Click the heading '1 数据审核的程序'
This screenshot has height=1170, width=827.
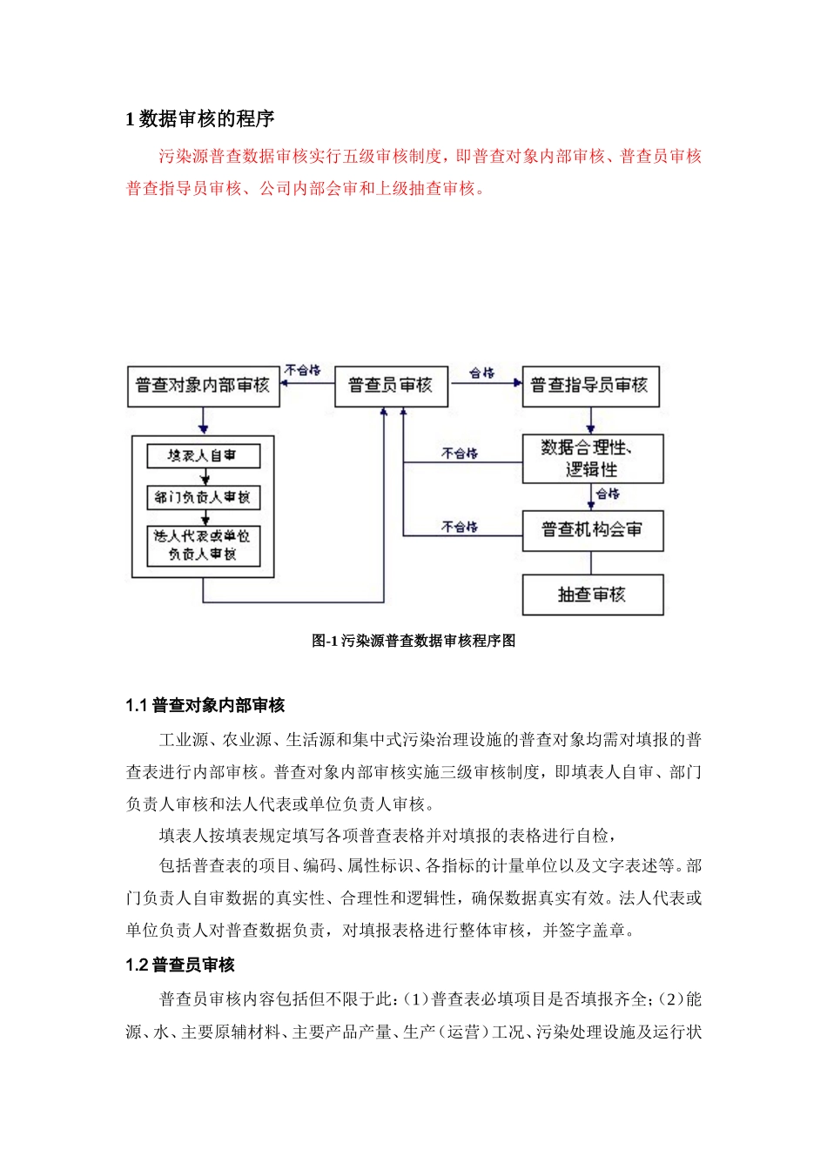point(200,119)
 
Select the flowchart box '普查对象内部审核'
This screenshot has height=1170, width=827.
point(203,386)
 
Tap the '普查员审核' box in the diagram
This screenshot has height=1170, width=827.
point(391,386)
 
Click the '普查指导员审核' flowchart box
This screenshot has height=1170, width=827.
point(589,386)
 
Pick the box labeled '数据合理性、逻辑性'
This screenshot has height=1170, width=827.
point(592,459)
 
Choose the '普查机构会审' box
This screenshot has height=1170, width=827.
point(592,530)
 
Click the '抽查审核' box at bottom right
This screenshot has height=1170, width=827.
point(592,595)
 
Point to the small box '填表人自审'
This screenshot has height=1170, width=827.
point(203,455)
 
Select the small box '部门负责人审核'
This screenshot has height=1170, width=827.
point(203,497)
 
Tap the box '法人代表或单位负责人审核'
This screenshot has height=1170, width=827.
point(203,546)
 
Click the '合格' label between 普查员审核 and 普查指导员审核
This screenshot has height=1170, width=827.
point(481,373)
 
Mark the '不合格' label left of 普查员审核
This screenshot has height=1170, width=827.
point(302,370)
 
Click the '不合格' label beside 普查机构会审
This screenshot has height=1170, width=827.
point(460,527)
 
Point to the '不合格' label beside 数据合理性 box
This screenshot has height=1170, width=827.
point(460,454)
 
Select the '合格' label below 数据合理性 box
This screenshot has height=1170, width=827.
point(608,494)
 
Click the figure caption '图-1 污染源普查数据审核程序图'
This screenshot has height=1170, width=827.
point(413,641)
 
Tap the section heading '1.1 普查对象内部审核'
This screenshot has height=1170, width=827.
point(205,705)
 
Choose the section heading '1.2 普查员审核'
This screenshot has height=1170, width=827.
point(180,965)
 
